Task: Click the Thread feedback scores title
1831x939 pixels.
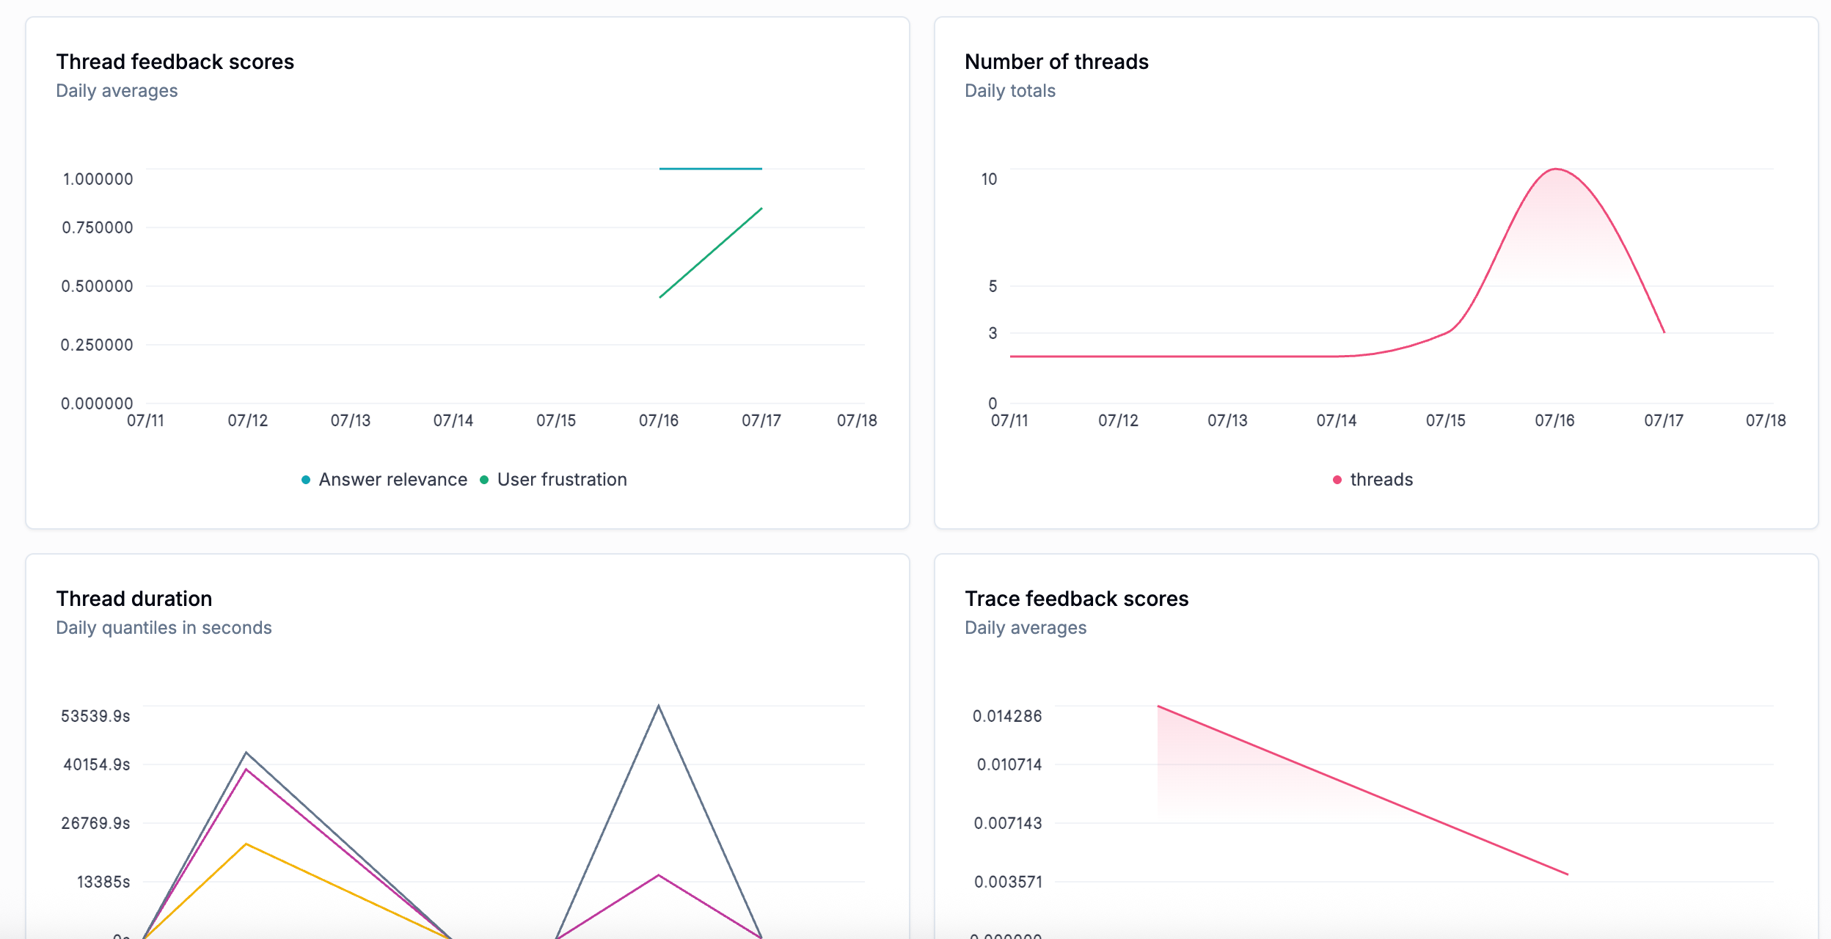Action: click(x=175, y=62)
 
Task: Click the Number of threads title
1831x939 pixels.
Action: click(x=1056, y=62)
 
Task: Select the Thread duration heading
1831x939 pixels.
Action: click(x=134, y=599)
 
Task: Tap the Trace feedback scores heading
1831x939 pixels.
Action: click(x=1075, y=599)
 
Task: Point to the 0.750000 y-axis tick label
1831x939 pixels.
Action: click(x=98, y=227)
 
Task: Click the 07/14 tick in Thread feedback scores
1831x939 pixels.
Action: click(x=453, y=420)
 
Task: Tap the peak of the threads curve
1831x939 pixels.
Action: click(x=1555, y=169)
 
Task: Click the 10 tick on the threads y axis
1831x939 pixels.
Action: click(x=989, y=179)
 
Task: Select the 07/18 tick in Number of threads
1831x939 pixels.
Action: click(x=1765, y=420)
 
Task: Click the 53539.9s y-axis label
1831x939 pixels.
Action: click(x=95, y=716)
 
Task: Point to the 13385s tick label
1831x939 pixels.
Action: click(x=103, y=882)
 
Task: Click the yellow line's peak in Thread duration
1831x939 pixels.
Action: click(x=246, y=844)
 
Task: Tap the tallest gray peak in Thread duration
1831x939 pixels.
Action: click(x=658, y=706)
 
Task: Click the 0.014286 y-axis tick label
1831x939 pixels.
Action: click(x=1006, y=716)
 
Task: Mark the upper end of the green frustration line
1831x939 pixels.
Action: click(x=761, y=209)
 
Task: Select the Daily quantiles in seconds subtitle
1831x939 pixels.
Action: click(x=164, y=628)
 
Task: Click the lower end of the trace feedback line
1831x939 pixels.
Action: click(x=1567, y=874)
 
